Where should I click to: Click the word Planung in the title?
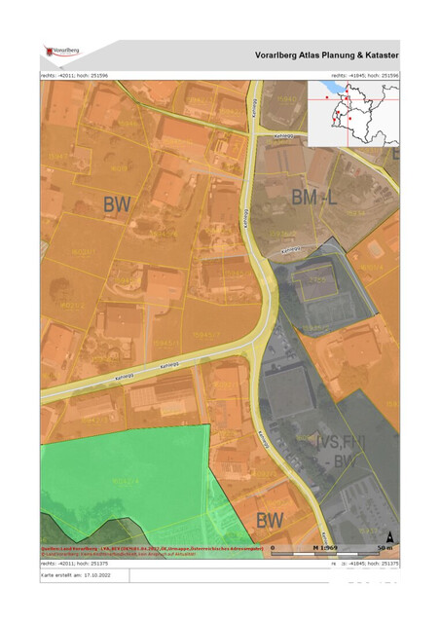pyautogui.click(x=345, y=56)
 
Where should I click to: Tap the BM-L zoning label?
pyautogui.click(x=313, y=199)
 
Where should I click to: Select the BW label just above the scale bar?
pyautogui.click(x=270, y=520)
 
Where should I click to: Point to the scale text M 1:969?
pyautogui.click(x=325, y=548)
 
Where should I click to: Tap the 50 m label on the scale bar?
pyautogui.click(x=387, y=548)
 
